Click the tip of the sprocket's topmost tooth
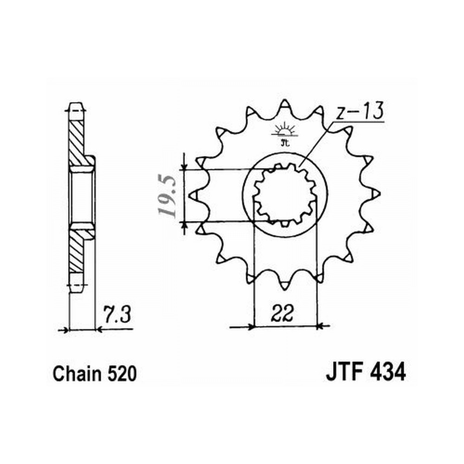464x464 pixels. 285,100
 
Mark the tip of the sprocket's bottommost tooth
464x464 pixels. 285,290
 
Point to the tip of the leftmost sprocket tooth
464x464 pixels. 189,195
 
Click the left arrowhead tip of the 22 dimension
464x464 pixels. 254,327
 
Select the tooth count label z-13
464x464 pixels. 360,111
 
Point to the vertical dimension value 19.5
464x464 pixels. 168,195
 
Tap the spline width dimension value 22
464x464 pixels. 282,312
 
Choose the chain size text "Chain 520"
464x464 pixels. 95,374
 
